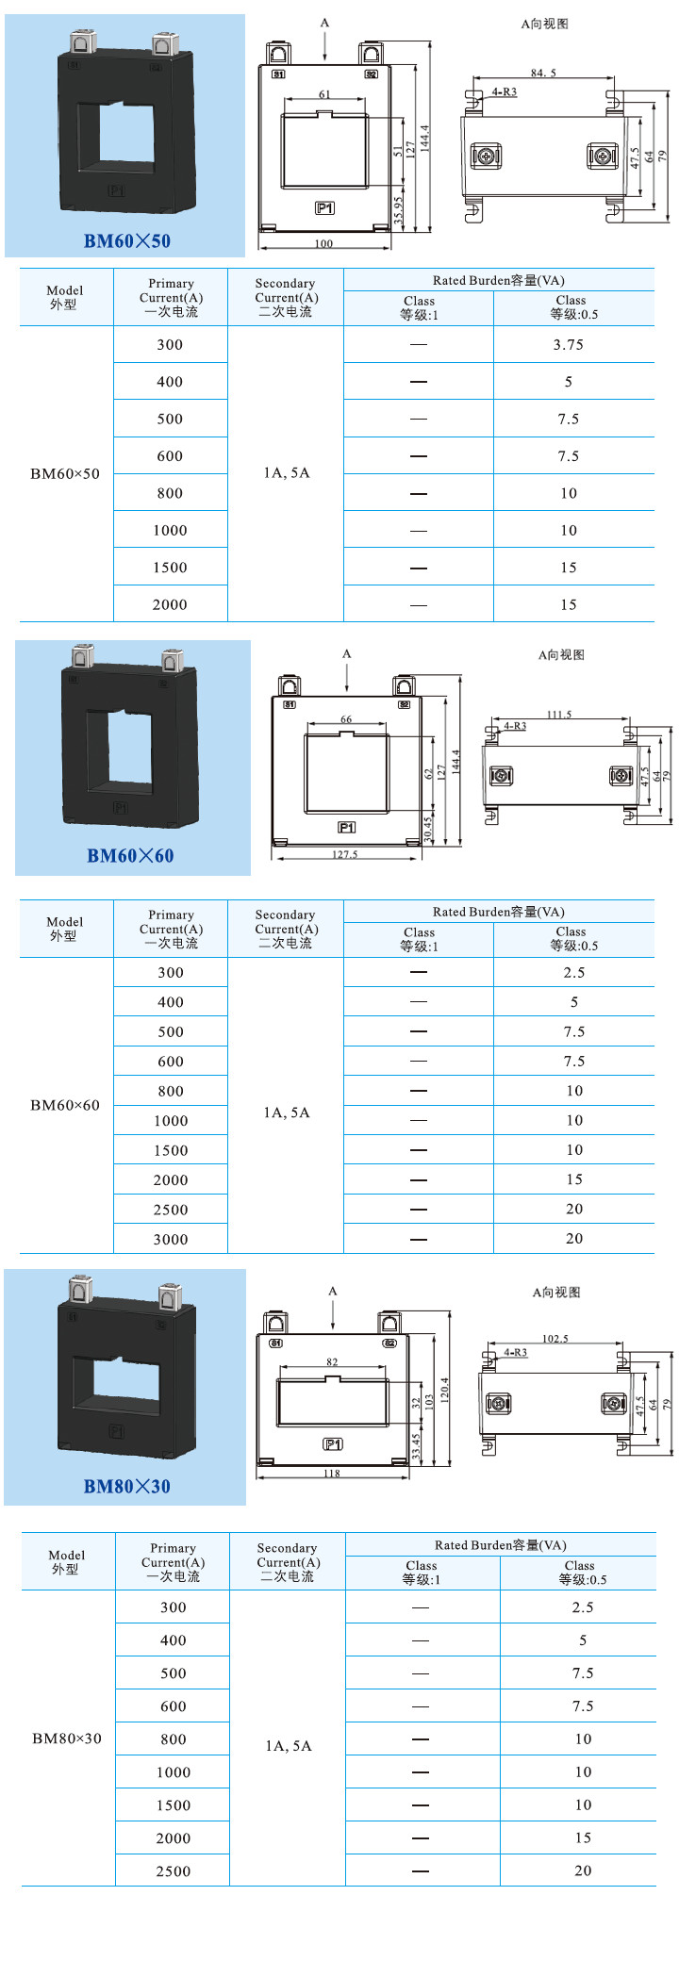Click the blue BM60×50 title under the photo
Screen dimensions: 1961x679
click(x=127, y=240)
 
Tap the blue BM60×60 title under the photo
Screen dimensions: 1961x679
click(x=130, y=856)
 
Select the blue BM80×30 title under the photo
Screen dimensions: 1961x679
click(x=127, y=1487)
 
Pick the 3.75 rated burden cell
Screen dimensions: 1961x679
click(x=569, y=345)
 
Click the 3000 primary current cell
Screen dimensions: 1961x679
click(x=171, y=1240)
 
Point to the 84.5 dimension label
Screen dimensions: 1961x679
click(x=543, y=73)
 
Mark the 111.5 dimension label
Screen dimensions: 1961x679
click(x=559, y=715)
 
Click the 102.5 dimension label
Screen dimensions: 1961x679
click(x=555, y=1339)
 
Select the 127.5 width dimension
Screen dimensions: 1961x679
click(x=345, y=855)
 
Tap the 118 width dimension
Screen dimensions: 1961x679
click(x=332, y=1474)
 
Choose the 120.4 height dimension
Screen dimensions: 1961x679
click(x=445, y=1390)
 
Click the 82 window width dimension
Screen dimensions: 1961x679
click(x=332, y=1362)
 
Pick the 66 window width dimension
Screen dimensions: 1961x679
click(x=346, y=719)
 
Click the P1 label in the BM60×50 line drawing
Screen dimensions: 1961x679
click(x=324, y=208)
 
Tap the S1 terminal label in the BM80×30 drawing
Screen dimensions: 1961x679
click(x=276, y=1343)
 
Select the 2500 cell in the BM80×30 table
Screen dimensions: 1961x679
click(x=174, y=1871)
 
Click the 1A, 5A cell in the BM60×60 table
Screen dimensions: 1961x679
click(x=287, y=1113)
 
